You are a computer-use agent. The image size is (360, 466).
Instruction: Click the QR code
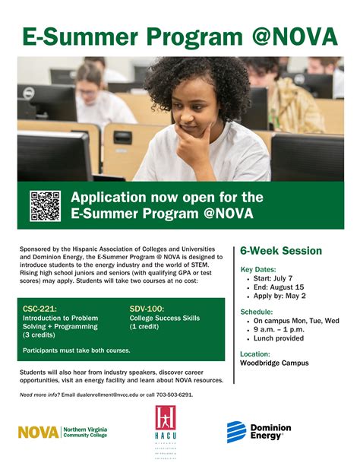pos(45,206)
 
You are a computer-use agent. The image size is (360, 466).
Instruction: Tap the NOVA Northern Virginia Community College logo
pos(62,432)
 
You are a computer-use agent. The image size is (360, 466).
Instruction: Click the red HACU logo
pos(166,431)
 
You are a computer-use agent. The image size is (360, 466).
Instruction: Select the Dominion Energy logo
pos(258,432)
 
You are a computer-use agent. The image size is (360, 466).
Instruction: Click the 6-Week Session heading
pos(281,251)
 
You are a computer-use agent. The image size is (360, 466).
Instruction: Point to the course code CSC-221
pos(39,308)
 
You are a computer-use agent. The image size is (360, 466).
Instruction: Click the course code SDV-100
pos(147,308)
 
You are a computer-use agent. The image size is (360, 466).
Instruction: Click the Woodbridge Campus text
pos(274,363)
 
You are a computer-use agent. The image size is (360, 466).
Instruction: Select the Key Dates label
pos(259,270)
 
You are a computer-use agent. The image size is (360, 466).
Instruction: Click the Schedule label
pos(257,312)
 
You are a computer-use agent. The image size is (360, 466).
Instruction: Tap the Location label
pos(255,353)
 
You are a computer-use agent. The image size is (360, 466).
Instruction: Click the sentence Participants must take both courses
pos(76,350)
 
